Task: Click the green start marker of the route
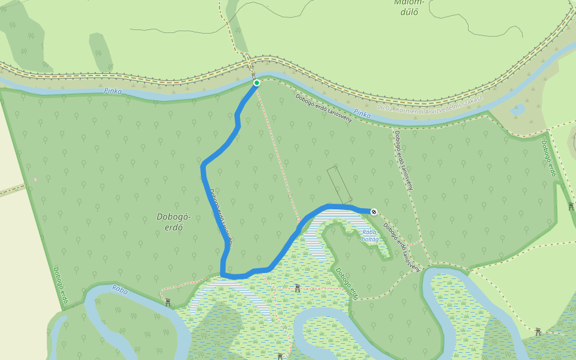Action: click(256, 83)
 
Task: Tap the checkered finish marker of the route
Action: click(374, 211)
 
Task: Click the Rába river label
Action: click(120, 289)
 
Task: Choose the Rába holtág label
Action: click(369, 235)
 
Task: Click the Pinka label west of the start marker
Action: click(112, 91)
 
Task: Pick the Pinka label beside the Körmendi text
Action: click(362, 112)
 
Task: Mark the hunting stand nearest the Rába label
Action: click(168, 302)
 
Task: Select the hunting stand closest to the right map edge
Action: click(571, 206)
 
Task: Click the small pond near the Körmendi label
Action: click(517, 110)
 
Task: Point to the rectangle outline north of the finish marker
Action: click(339, 185)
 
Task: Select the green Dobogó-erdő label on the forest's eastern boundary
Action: click(550, 158)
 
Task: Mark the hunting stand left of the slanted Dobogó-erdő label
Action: click(298, 289)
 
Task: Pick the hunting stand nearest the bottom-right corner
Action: click(538, 331)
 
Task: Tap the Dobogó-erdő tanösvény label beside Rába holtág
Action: click(401, 248)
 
